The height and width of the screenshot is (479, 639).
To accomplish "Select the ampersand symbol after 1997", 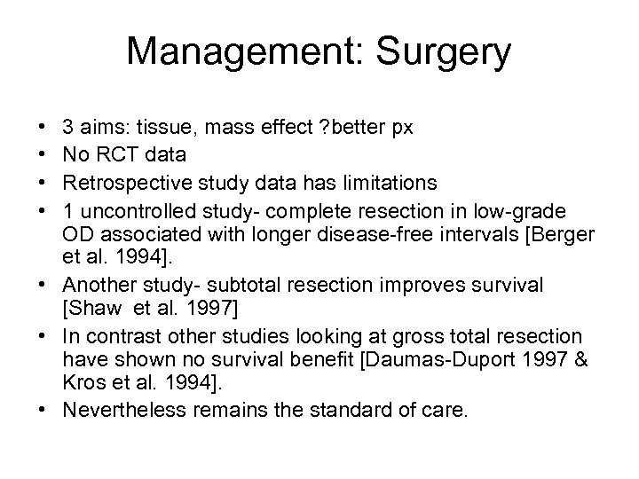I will [x=563, y=361].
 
